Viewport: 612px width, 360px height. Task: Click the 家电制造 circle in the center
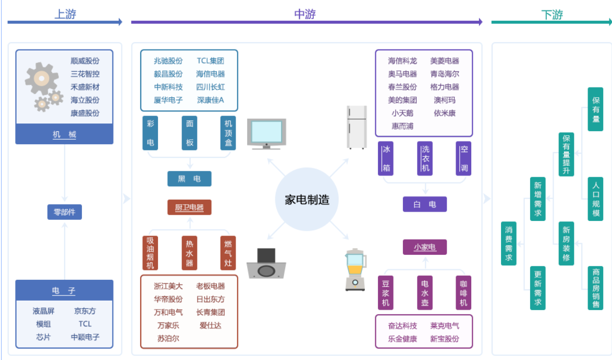pos(307,200)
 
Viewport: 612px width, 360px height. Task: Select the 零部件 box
pos(65,212)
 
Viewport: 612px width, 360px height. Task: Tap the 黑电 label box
pos(189,179)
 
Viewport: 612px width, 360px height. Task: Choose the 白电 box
pos(424,204)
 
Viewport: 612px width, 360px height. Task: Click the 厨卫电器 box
pos(189,207)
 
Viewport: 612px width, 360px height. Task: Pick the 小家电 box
pos(424,247)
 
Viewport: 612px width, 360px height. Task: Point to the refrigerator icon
pos(357,127)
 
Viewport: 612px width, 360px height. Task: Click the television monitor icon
pos(267,133)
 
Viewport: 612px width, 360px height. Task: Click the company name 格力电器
pos(445,87)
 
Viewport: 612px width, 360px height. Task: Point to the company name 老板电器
pos(211,286)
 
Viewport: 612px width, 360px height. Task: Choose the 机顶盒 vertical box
pos(228,133)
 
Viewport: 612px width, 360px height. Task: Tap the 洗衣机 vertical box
pos(425,158)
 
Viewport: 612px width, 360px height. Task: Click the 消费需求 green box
pos(508,243)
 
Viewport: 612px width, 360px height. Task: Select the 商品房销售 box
pos(595,288)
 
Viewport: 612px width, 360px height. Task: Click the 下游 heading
pos(552,15)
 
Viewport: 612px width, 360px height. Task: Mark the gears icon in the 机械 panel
pos(43,85)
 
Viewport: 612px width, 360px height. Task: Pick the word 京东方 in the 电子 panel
pos(85,311)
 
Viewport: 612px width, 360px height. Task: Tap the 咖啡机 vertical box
pos(463,293)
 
